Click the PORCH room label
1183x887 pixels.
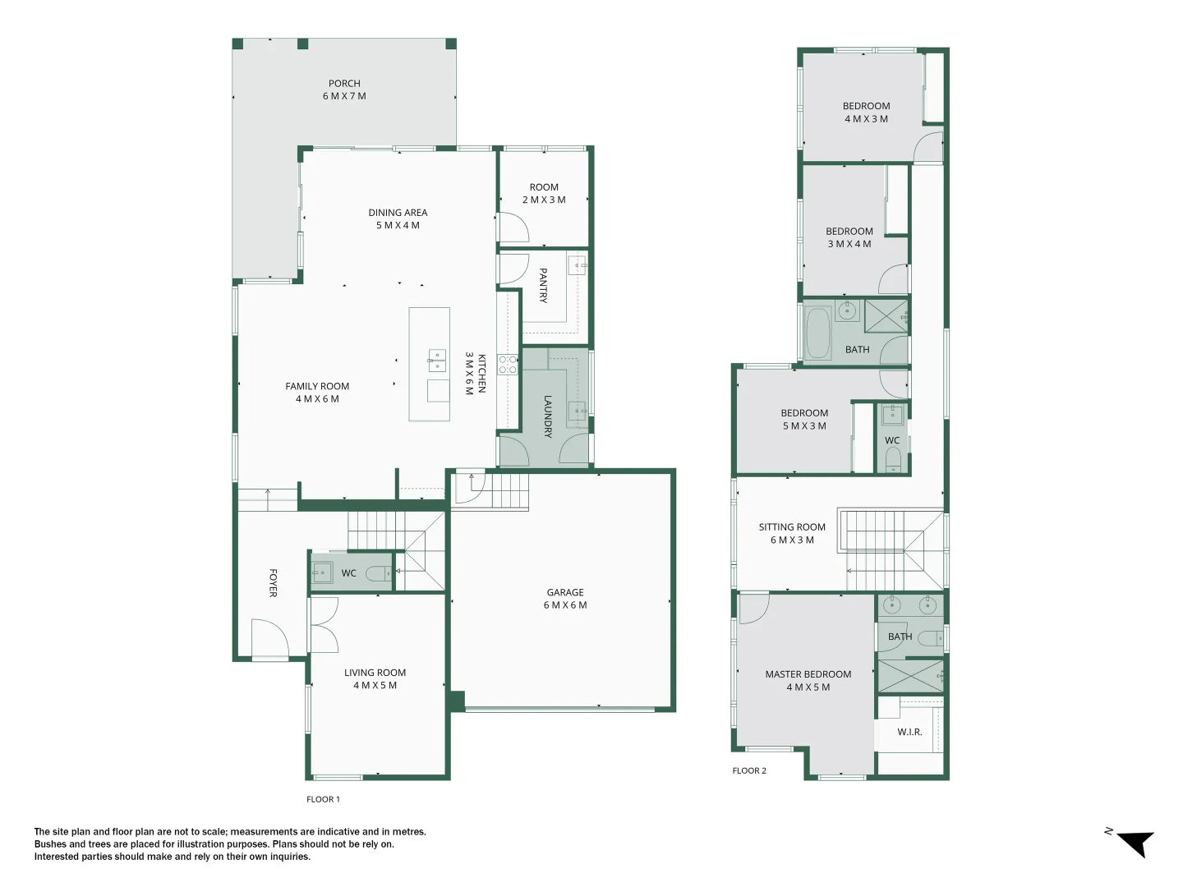[344, 90]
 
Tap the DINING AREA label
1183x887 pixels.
[398, 218]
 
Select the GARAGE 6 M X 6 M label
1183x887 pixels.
[565, 599]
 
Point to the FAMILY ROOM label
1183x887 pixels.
[317, 393]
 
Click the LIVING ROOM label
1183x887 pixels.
[375, 678]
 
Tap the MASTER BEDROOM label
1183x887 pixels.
[808, 681]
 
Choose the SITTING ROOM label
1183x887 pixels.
[792, 533]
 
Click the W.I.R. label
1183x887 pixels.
[909, 732]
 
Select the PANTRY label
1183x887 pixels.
[543, 285]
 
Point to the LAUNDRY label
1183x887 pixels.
[548, 416]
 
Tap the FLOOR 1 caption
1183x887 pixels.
[323, 799]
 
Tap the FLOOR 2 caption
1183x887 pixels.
[749, 770]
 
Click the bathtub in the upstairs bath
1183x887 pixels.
[817, 333]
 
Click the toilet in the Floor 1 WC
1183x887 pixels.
[379, 573]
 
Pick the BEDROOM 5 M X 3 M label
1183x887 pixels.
[804, 420]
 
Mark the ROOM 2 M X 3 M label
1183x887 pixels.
[544, 194]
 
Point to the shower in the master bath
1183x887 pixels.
[910, 675]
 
